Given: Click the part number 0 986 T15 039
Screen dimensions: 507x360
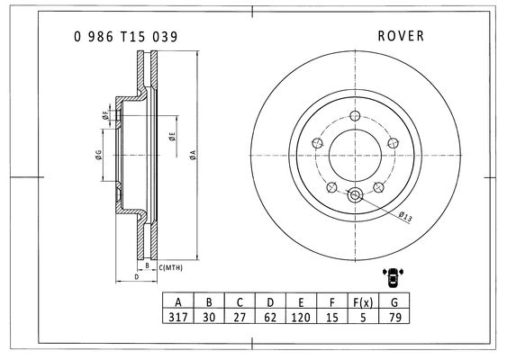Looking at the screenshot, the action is coord(126,37).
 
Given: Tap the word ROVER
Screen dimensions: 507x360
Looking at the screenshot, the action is coord(401,36).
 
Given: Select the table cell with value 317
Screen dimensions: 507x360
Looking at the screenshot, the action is coord(177,318).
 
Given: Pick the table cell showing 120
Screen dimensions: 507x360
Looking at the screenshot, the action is coord(301,318).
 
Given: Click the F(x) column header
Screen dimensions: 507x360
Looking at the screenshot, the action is coord(363,302).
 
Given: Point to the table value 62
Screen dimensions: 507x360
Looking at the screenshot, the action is coord(270,318).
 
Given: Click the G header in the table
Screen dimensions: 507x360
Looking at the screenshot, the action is coord(394,302).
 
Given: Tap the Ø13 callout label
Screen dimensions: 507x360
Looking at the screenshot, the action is coord(405,217).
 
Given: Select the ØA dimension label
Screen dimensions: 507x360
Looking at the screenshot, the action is coord(193,155).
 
